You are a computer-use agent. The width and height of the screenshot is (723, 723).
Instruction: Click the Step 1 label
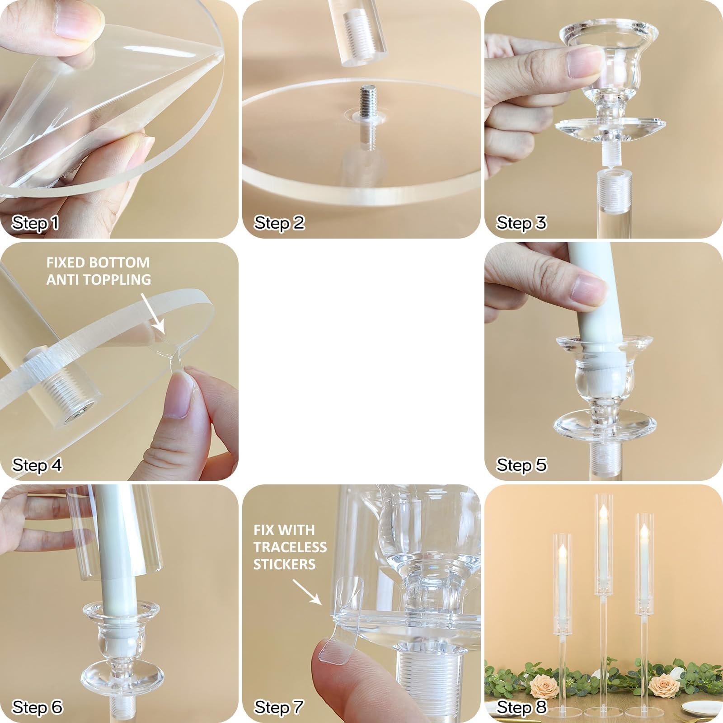(x=35, y=223)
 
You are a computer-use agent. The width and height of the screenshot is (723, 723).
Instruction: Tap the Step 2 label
(x=279, y=223)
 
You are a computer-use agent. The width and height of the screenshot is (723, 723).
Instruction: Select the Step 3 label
(x=521, y=223)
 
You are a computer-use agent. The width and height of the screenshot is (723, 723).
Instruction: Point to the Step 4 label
(x=37, y=465)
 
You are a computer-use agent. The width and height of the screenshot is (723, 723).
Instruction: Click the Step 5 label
(x=521, y=465)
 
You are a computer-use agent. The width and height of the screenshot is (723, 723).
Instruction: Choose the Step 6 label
(x=37, y=707)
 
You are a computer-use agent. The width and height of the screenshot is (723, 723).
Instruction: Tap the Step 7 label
(x=279, y=707)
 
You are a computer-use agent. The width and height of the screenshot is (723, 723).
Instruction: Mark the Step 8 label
(x=521, y=707)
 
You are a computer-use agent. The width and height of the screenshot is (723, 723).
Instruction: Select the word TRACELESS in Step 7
(x=290, y=547)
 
